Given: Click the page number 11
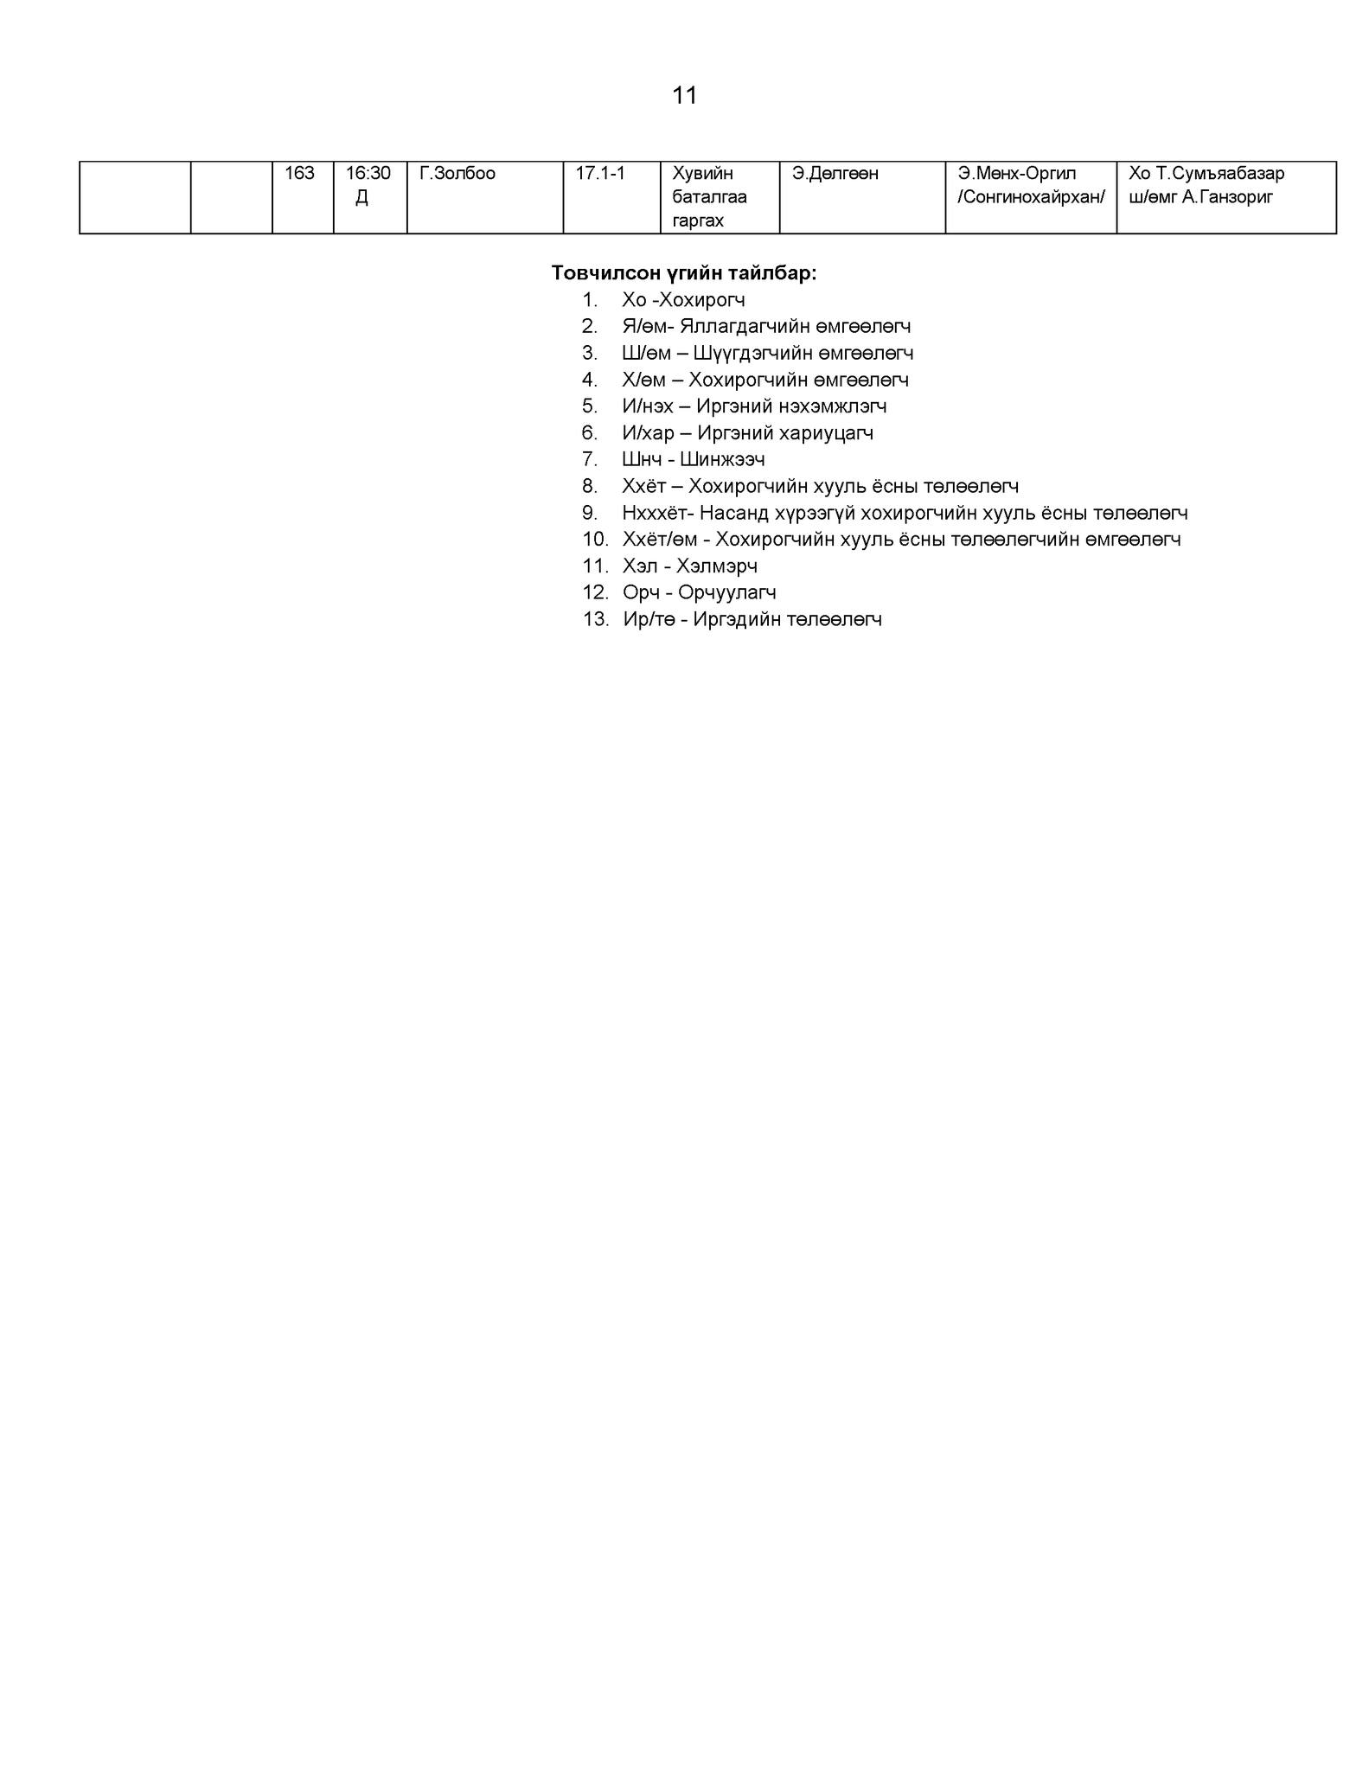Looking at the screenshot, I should [x=684, y=95].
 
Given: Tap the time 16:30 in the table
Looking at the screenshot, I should [x=368, y=174].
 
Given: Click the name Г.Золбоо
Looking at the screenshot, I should [x=457, y=174].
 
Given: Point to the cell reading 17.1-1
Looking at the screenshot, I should [x=600, y=174].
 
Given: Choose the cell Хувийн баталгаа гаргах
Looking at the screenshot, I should [x=710, y=197].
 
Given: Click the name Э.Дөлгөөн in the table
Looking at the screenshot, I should [x=835, y=174].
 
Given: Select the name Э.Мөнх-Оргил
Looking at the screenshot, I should [x=1017, y=174].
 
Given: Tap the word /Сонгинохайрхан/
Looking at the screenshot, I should [x=1031, y=197].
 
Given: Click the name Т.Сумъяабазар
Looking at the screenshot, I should [x=1220, y=174].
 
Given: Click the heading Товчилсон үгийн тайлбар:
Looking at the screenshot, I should [x=684, y=273].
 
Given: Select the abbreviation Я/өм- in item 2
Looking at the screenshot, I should [x=648, y=327].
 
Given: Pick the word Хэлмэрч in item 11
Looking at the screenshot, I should [x=717, y=566].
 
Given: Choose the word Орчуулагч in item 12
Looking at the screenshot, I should [x=727, y=593].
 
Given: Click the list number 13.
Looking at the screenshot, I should [x=596, y=620].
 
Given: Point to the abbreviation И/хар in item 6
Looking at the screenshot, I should [x=648, y=433].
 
